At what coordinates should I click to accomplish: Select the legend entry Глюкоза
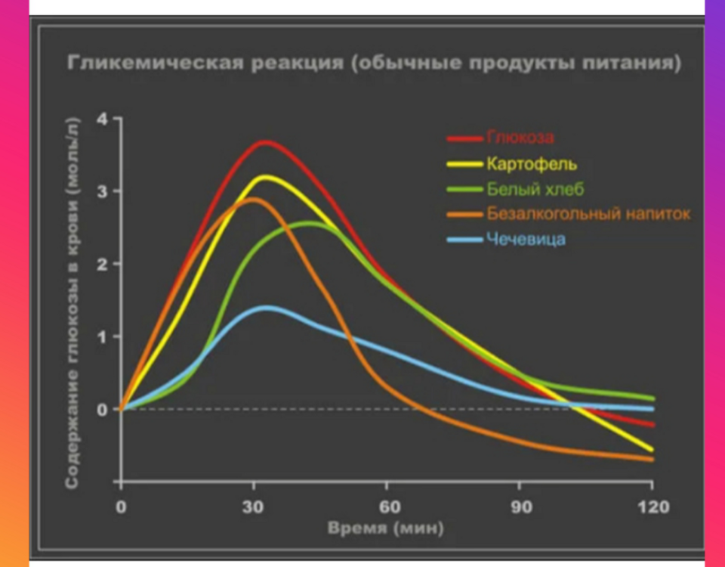click(x=520, y=138)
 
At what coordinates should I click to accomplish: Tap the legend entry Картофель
click(x=532, y=163)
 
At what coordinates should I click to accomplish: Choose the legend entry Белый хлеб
click(x=535, y=188)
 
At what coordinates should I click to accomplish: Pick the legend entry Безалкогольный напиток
click(x=588, y=214)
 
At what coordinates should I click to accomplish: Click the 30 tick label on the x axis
click(x=254, y=507)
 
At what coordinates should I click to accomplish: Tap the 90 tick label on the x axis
click(x=520, y=507)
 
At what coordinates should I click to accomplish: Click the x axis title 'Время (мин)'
click(x=386, y=527)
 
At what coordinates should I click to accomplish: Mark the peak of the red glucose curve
click(x=265, y=142)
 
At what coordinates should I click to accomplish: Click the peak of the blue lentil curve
click(x=265, y=307)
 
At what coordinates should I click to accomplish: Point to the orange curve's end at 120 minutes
click(x=651, y=459)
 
